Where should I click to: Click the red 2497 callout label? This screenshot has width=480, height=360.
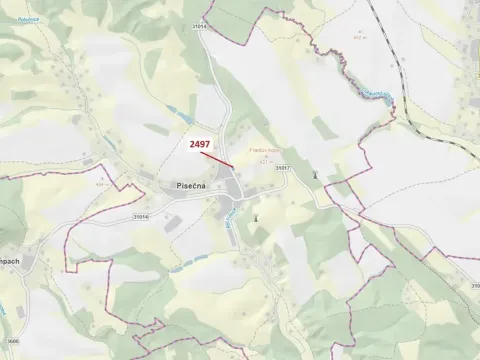coord(200,144)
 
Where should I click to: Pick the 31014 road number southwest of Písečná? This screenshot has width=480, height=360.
coord(141,214)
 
